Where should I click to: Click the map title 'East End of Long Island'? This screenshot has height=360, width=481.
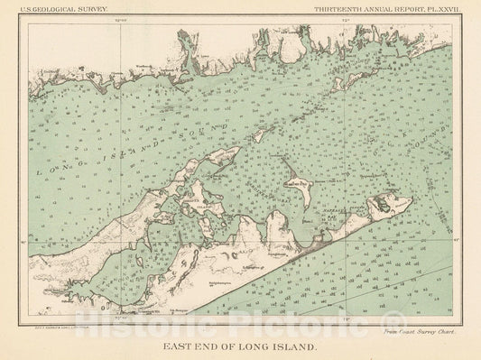240,344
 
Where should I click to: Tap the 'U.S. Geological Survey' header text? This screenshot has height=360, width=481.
68,7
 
